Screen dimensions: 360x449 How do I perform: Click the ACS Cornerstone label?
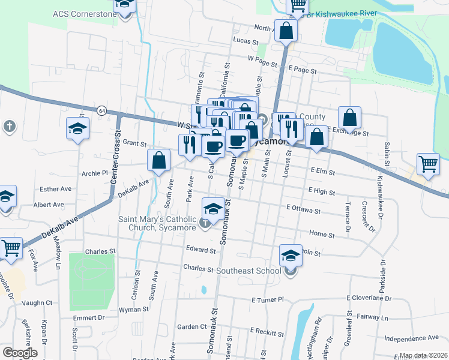[83, 14]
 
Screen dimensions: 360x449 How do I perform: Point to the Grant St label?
[134, 143]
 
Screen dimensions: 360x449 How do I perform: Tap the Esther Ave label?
[56, 189]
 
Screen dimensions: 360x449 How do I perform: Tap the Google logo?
[19, 353]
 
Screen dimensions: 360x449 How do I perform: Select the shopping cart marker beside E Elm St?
[428, 163]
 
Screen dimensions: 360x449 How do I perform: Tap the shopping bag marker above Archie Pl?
[159, 160]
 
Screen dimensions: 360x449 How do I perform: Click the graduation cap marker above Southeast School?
[291, 256]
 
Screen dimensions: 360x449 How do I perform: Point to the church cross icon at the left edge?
[8, 127]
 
